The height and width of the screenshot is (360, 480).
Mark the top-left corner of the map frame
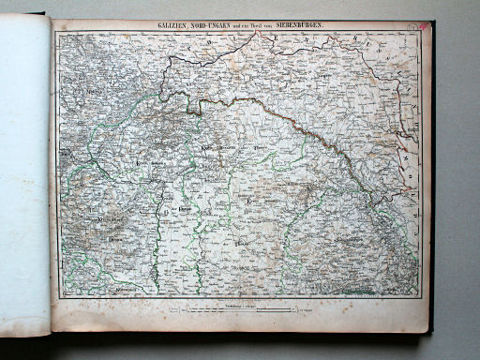pos(55,34)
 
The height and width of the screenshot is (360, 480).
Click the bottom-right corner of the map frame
pos(418,298)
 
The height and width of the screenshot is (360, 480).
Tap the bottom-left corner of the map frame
pos(59,298)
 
